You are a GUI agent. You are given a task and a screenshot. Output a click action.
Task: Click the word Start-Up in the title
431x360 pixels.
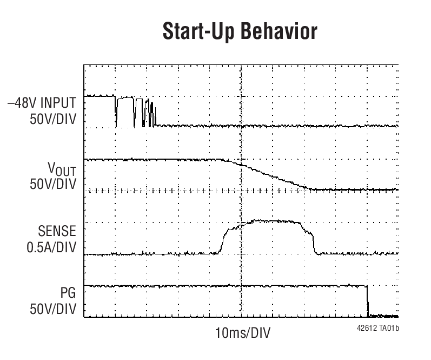(197, 32)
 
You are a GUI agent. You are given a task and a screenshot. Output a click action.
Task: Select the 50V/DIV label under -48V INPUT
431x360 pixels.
(53, 119)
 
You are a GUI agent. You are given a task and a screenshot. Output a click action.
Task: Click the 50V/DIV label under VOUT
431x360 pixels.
(53, 185)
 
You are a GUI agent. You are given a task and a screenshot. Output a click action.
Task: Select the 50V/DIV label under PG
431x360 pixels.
(53, 309)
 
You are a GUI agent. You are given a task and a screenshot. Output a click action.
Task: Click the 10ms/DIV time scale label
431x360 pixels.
(243, 331)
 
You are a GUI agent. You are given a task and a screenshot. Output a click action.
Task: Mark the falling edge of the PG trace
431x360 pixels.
(368, 300)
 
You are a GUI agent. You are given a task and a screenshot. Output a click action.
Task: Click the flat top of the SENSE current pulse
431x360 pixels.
(270, 221)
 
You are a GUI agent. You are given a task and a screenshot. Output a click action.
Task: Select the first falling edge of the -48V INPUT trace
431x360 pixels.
(115, 111)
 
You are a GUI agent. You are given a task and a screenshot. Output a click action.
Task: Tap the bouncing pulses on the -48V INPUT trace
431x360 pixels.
(145, 112)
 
